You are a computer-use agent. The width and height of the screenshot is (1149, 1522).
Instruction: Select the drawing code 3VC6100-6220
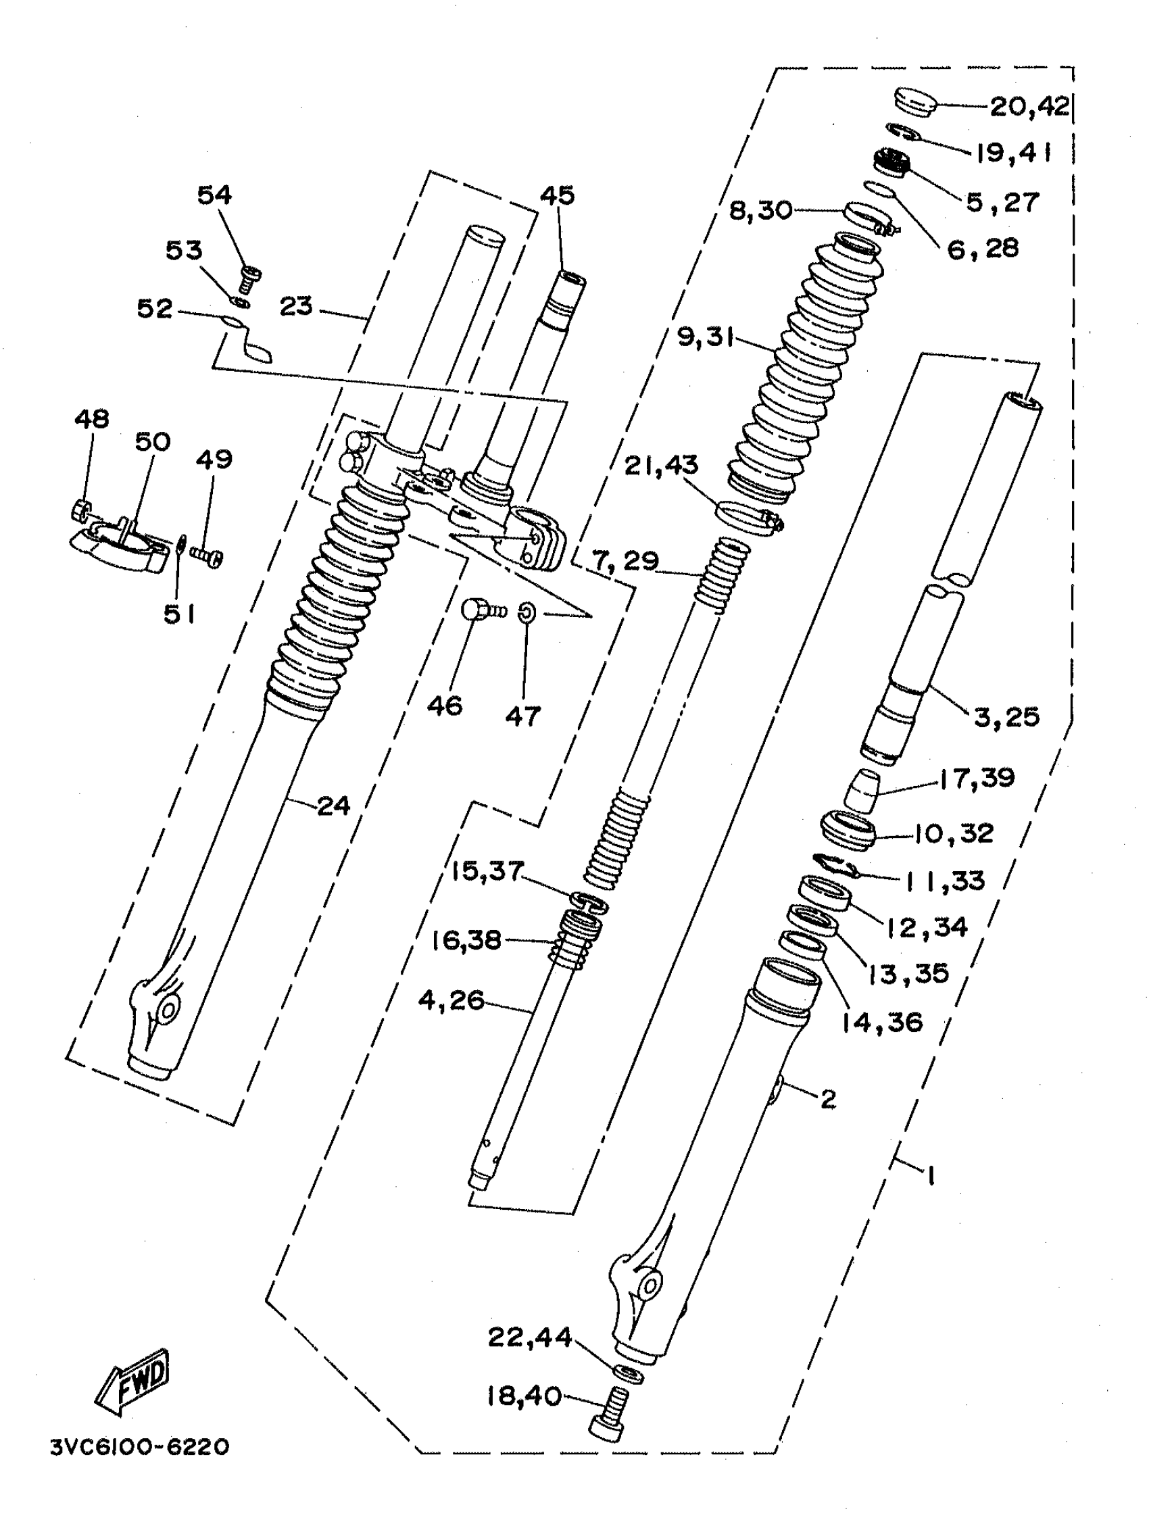[140, 1447]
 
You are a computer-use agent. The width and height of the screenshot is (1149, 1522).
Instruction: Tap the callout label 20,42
[1029, 107]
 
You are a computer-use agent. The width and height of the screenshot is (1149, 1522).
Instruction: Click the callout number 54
[214, 195]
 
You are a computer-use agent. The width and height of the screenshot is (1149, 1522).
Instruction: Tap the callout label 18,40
[524, 1396]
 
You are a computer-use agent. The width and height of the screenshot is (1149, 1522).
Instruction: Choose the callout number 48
[91, 418]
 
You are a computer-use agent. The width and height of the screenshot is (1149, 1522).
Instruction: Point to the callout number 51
[179, 614]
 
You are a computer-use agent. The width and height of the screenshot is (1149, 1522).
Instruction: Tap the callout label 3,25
[1006, 717]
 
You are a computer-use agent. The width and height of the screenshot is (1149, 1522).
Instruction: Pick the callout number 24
[333, 805]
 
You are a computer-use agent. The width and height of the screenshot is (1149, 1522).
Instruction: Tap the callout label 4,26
[451, 1000]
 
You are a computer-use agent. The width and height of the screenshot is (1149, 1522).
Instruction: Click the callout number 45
[557, 195]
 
